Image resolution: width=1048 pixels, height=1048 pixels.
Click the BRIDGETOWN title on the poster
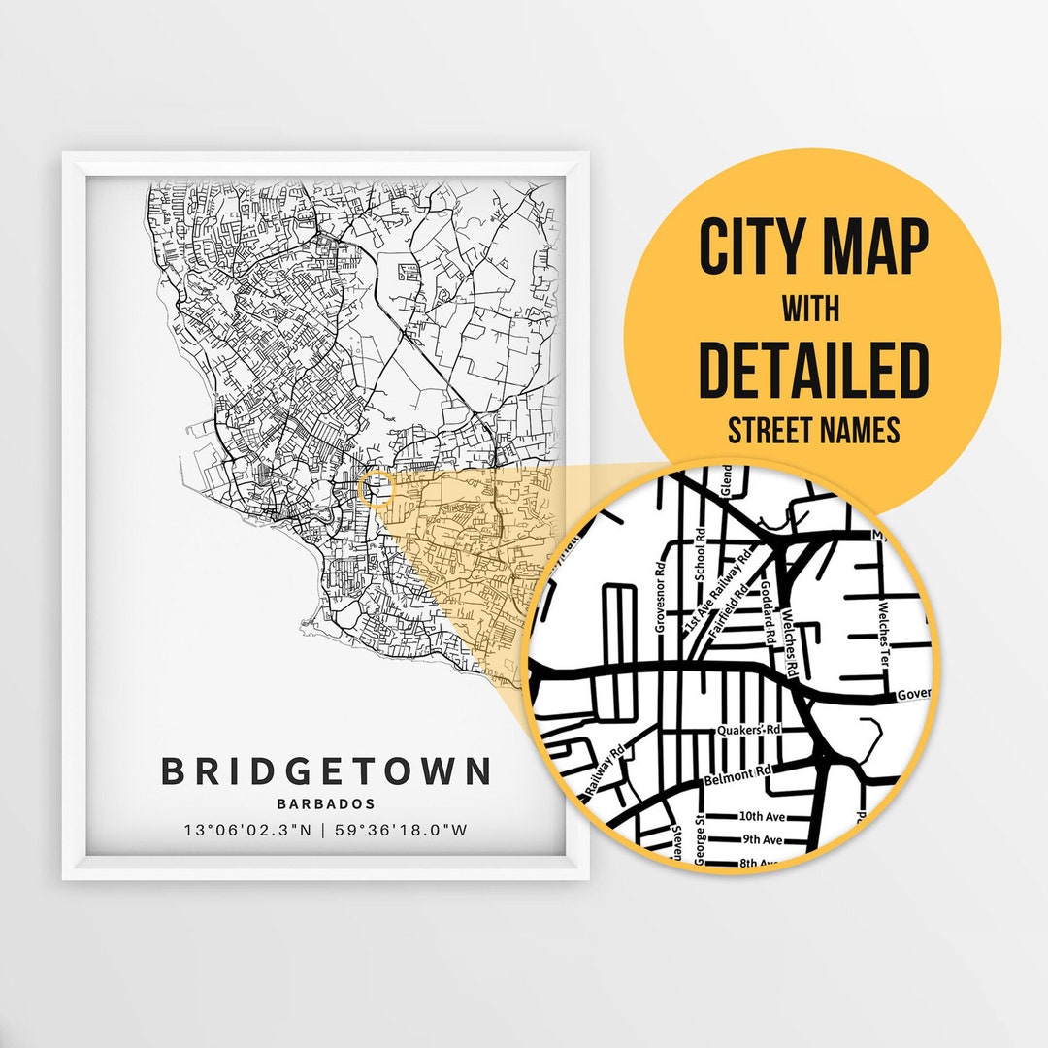tap(326, 771)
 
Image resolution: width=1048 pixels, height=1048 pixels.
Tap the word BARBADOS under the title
tap(326, 803)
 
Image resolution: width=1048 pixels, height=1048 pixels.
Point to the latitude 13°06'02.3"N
tap(249, 830)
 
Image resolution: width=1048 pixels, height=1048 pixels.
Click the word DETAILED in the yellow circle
tap(813, 370)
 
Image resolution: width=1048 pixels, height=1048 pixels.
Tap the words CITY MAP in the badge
tap(813, 248)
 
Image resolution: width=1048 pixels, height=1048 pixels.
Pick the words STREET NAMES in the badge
tap(813, 429)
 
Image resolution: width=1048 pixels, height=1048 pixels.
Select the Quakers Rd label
tap(749, 730)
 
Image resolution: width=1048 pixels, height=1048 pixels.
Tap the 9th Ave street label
tap(761, 839)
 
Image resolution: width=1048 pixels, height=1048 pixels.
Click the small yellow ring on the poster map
tap(375, 489)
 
